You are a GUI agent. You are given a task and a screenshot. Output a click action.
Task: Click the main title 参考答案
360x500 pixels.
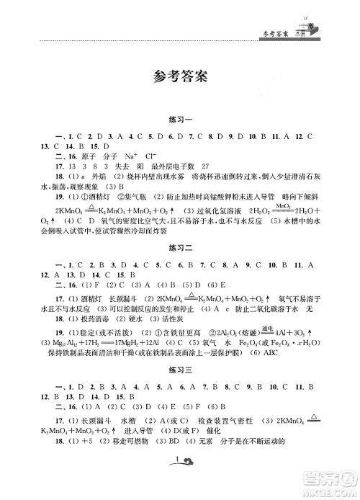click(x=180, y=76)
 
